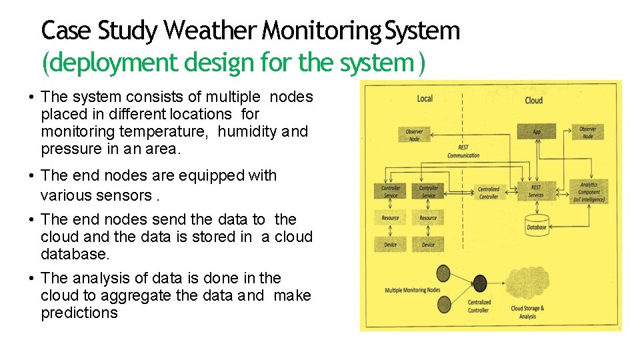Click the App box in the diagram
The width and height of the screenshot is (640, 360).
click(x=536, y=132)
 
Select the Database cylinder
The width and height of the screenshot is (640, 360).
click(x=536, y=226)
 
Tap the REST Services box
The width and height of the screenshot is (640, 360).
click(x=536, y=191)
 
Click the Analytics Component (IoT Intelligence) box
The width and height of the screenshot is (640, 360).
click(x=589, y=192)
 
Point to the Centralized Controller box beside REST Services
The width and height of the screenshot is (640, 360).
click(x=488, y=193)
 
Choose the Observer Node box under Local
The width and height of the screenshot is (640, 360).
click(x=414, y=134)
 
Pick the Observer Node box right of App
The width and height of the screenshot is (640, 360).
click(x=587, y=132)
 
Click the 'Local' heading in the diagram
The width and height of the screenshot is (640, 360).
click(x=425, y=99)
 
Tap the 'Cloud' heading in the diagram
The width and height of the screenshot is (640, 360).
click(x=534, y=100)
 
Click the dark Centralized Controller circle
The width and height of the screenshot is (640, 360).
click(x=479, y=282)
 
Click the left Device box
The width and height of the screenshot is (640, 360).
click(x=390, y=245)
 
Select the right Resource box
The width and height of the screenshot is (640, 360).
click(x=429, y=218)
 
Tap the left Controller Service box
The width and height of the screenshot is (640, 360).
click(x=391, y=192)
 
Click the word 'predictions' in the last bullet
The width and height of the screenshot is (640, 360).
click(x=79, y=313)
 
